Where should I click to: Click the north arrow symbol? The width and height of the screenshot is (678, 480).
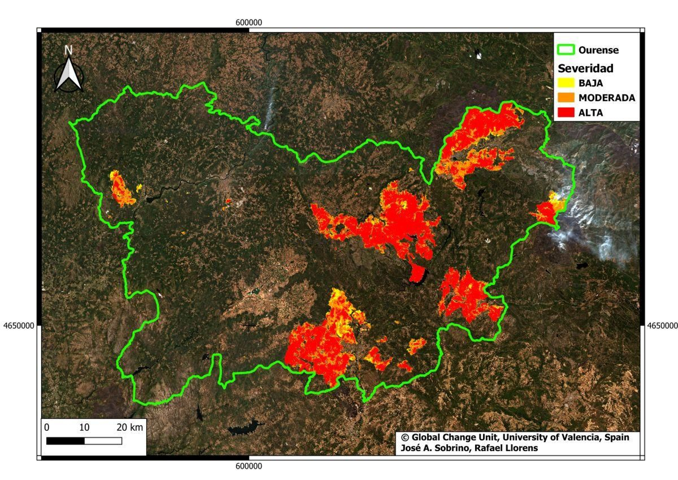point(69,75)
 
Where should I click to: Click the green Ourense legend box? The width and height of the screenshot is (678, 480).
point(566,50)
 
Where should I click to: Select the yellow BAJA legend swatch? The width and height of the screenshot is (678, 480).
point(566,83)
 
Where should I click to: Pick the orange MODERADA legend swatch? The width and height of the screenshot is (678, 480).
point(566,98)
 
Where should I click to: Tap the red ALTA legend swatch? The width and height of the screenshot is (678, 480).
point(566,112)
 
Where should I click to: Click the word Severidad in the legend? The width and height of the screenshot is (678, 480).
point(585,68)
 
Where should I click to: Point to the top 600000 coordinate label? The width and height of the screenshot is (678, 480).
point(249,22)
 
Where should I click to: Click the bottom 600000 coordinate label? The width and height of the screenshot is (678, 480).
point(249,466)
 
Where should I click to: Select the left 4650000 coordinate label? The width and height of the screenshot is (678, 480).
point(19,326)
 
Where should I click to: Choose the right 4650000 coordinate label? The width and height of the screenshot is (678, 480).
point(662,326)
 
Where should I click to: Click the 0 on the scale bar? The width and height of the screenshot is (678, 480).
point(47,427)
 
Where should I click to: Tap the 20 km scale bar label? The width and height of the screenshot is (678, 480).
point(129,427)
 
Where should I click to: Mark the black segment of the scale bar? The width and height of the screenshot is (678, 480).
point(65,441)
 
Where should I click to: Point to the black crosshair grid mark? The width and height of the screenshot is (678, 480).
point(249,326)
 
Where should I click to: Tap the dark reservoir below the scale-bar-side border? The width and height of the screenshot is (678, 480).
point(245,428)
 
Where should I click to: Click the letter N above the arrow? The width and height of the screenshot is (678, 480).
point(68,50)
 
